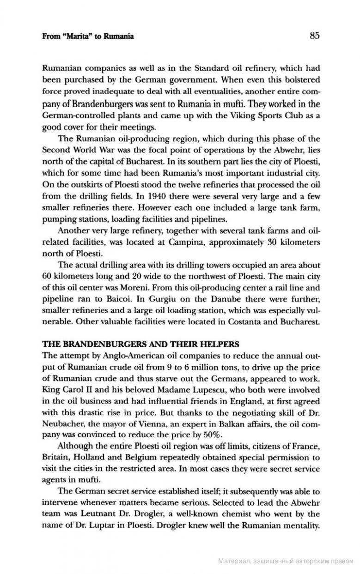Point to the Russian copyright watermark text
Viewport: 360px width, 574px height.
[x=285, y=561]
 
